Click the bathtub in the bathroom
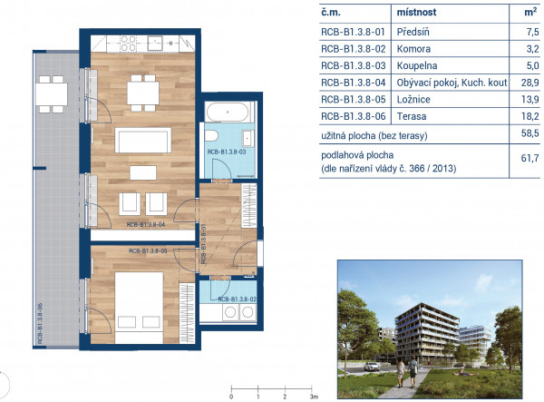tap(228, 112)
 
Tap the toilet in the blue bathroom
tap(211, 135)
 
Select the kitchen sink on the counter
tap(155, 43)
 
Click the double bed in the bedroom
tap(139, 308)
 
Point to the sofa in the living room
tap(143, 141)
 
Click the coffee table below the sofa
tap(143, 172)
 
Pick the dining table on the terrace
tap(52, 94)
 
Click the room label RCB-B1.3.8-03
tap(227, 152)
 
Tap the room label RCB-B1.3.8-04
tap(146, 225)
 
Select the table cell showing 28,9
tap(530, 83)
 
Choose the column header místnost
tap(416, 13)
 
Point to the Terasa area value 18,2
tap(530, 116)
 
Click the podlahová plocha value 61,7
tap(530, 158)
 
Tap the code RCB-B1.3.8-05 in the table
tap(354, 100)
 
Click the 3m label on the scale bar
tap(314, 397)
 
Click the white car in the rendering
tap(371, 367)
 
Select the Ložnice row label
tap(413, 100)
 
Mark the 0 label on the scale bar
tap(231, 397)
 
